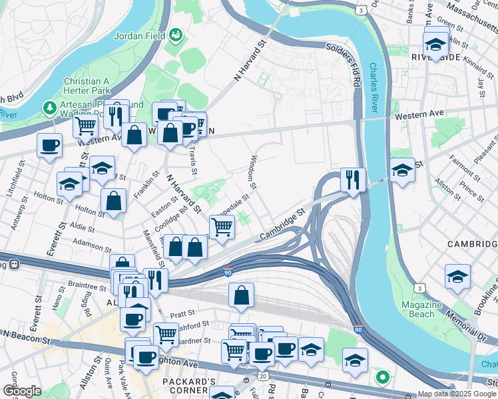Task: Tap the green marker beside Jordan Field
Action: [x=176, y=34]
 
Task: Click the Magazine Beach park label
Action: [x=421, y=309]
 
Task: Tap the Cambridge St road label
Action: [x=282, y=224]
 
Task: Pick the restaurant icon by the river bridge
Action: [x=352, y=179]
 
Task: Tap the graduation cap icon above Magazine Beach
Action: [x=457, y=276]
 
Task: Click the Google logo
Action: [x=21, y=391]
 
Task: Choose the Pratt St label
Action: [x=182, y=313]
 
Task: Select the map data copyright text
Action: [x=457, y=394]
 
